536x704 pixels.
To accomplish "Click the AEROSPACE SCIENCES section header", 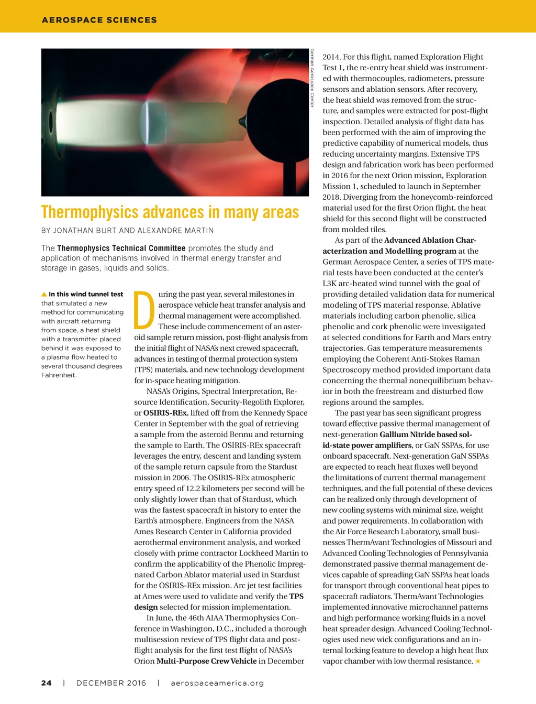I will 99,20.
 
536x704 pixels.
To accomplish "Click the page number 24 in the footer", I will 47,683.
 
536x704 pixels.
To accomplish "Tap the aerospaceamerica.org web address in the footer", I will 217,683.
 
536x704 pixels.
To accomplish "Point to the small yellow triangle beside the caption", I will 44,294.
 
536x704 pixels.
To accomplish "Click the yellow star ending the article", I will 477,661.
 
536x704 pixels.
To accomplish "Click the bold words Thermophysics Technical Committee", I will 121,248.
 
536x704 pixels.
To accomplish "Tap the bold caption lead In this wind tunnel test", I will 86,294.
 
